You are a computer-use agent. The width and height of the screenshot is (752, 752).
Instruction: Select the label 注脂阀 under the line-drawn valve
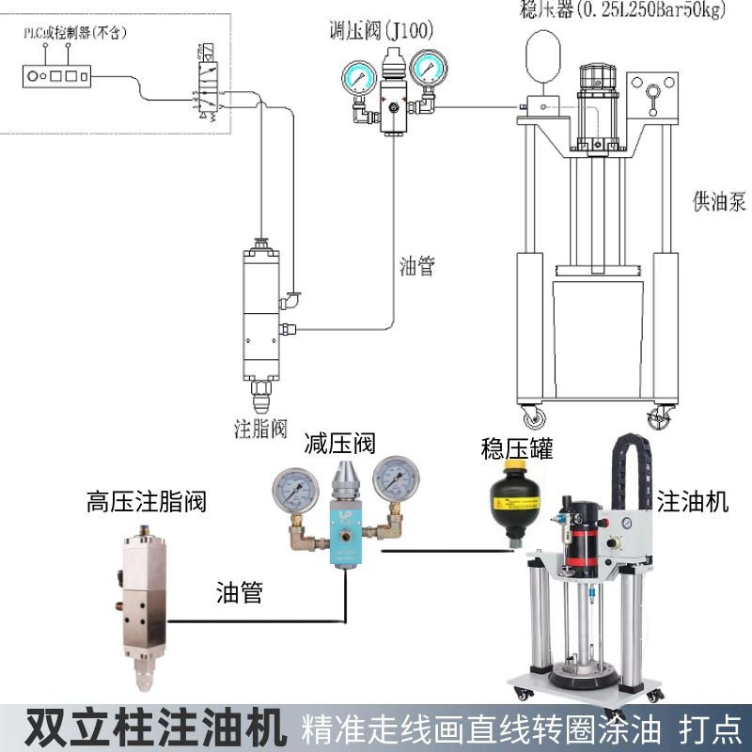click(259, 430)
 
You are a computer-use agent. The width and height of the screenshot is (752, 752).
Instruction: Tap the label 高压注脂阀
click(146, 501)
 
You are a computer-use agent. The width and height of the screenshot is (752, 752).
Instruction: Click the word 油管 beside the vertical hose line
click(417, 266)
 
